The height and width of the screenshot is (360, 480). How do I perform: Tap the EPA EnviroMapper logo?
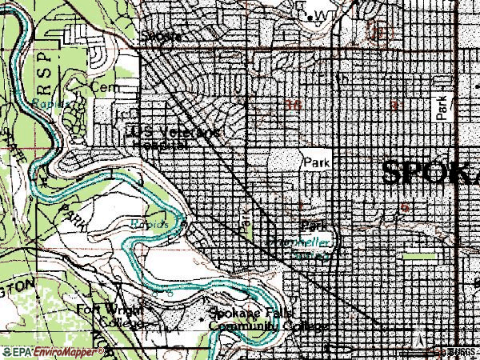tap(53, 352)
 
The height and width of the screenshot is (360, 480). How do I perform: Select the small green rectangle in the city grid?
tap(419, 257)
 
